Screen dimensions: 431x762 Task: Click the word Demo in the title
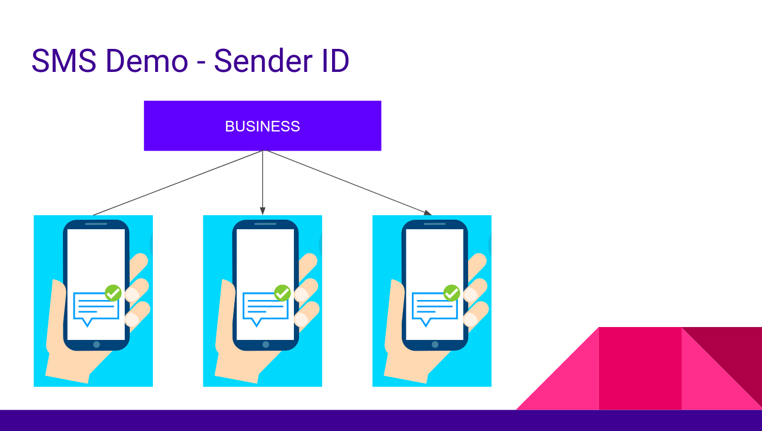tap(147, 61)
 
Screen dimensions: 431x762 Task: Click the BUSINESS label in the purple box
tap(262, 126)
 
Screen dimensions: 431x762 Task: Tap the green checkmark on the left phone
tap(114, 293)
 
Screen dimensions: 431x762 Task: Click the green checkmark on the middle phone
tap(282, 293)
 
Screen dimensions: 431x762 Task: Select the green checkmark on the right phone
tap(452, 293)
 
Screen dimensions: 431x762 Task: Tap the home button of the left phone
tap(97, 344)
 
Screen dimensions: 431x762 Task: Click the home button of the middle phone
tap(266, 344)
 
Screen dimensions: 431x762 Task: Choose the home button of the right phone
tap(435, 344)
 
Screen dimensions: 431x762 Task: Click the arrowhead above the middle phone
tap(262, 211)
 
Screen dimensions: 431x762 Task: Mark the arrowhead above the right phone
tap(428, 212)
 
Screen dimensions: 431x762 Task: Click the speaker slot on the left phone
tap(96, 224)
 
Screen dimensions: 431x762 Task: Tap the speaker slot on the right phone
tap(434, 224)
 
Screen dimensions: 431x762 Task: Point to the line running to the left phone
tap(177, 183)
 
